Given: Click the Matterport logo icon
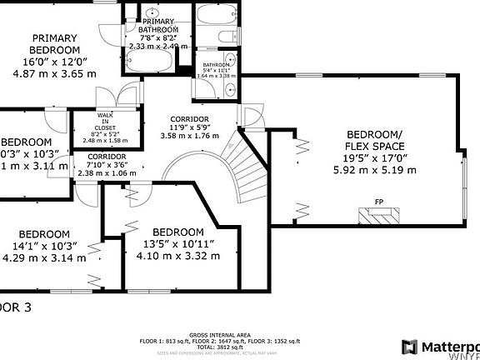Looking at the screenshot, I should pyautogui.click(x=410, y=347).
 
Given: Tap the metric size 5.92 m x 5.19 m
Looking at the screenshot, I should pyautogui.click(x=374, y=169).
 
